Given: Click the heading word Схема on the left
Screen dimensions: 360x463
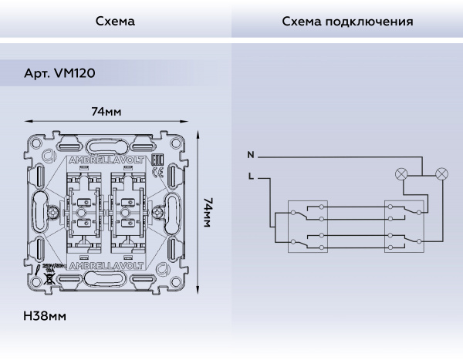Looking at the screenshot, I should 115,22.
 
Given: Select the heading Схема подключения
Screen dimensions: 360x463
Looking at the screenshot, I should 347,22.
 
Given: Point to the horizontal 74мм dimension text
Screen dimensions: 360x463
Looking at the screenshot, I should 106,112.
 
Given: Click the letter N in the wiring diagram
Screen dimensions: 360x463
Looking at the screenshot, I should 250,155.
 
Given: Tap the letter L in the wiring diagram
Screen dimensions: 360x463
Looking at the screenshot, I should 250,177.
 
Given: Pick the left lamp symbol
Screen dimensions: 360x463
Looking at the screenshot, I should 401,174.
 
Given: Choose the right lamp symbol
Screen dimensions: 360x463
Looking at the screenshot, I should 441,174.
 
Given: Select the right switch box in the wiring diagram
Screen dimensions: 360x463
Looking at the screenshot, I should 404,227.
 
